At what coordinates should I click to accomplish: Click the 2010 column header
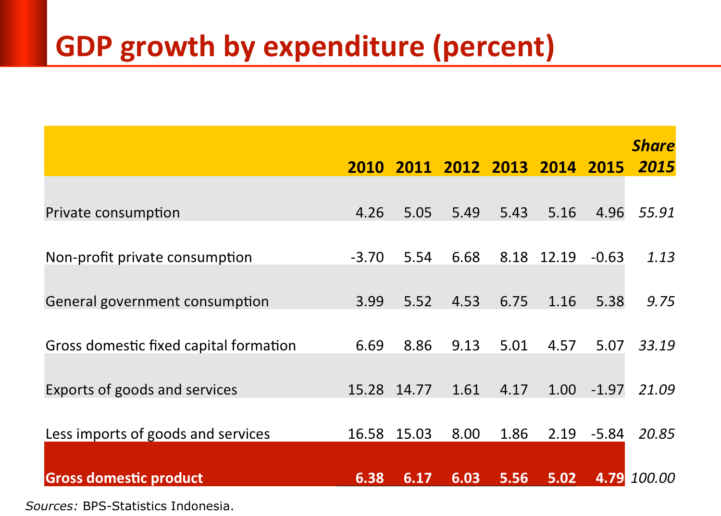pos(366,167)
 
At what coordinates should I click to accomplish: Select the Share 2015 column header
pos(654,156)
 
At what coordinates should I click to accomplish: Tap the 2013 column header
pos(510,167)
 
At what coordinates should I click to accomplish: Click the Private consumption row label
pos(112,213)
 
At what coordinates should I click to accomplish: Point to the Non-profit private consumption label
pos(149,257)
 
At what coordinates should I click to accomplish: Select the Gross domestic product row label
pos(124,478)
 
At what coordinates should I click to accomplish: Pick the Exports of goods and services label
pos(141,390)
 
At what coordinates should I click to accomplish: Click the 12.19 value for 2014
pos(558,257)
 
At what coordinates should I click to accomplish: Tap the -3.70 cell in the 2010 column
pos(367,257)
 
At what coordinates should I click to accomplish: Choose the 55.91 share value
pos(657,213)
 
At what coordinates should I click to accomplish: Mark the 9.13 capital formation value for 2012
pos(466,346)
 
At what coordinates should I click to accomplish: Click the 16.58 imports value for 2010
pos(366,434)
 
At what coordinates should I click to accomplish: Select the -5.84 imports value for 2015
pos(608,434)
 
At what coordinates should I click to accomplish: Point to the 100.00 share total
pos(653,478)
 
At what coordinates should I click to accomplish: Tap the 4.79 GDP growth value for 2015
pos(610,478)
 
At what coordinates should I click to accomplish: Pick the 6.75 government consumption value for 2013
pos(514,301)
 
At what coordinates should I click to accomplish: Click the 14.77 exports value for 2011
pos(414,390)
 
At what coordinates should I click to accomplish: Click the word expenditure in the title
pos(344,47)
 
